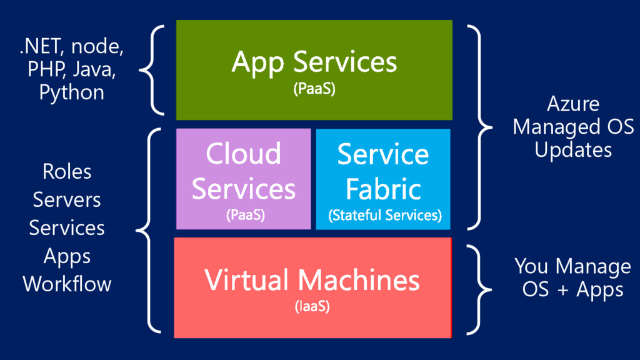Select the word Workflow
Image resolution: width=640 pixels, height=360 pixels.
point(67,284)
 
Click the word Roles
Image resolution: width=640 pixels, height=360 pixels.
point(67,171)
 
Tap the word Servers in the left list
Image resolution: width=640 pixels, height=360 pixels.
point(67,200)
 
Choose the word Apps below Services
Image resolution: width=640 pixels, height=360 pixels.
point(67,256)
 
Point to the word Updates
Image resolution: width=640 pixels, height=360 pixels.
point(573,150)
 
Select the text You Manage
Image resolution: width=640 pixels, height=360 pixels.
point(572,267)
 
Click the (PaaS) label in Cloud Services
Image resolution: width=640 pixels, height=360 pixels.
point(244,216)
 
